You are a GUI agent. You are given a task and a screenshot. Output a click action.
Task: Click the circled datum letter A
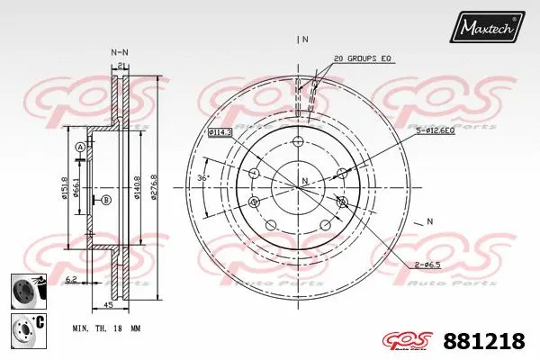[80, 148]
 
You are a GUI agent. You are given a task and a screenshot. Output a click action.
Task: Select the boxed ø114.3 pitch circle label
[220, 132]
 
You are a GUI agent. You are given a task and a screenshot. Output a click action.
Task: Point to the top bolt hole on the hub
[298, 140]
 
